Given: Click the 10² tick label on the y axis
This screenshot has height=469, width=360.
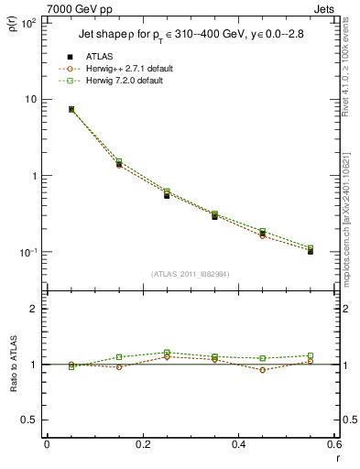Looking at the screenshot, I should (x=27, y=23).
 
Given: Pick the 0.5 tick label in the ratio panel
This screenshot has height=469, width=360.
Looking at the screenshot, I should (x=30, y=420).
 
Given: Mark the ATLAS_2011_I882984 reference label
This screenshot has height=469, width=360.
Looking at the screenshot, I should (x=191, y=273).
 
